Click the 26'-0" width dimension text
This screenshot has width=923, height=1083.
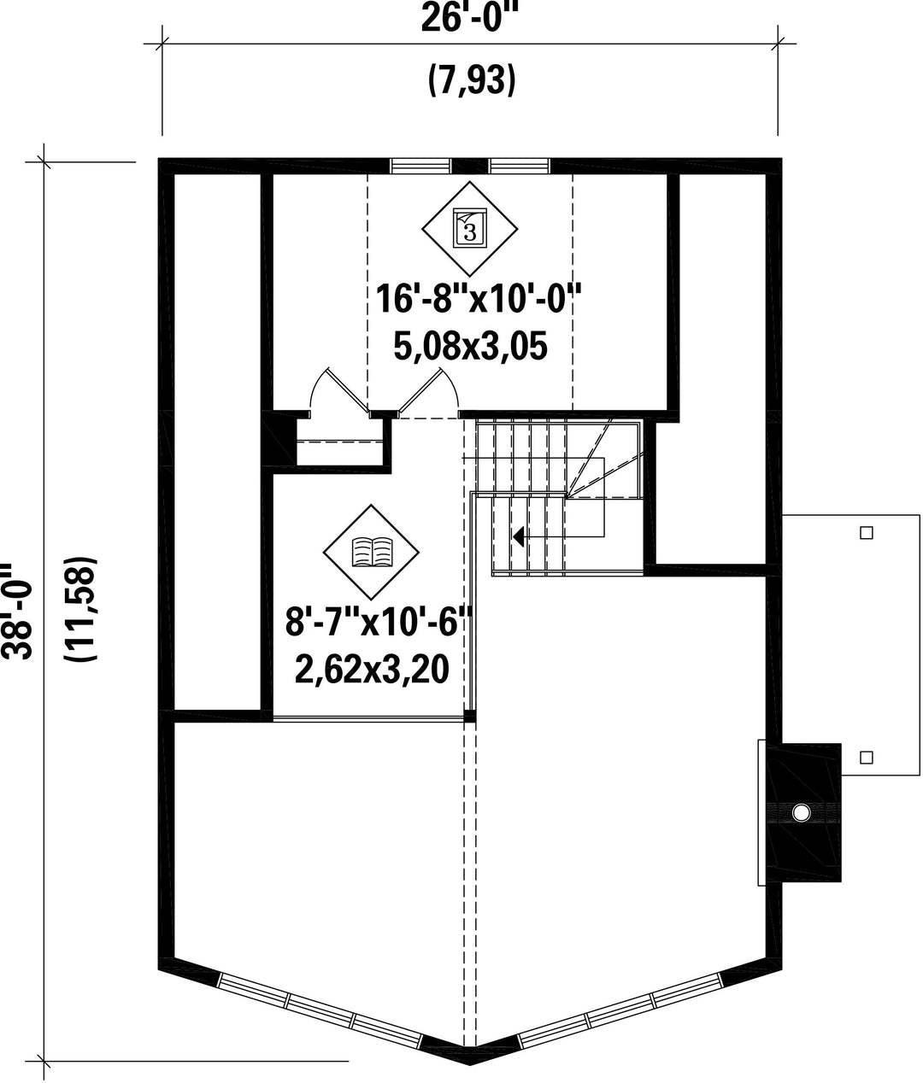click(x=469, y=20)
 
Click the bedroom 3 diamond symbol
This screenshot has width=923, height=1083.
click(x=470, y=229)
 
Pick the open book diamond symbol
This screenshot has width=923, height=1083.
click(x=371, y=553)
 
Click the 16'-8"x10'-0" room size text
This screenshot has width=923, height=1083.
click(x=479, y=299)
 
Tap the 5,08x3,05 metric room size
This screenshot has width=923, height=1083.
click(x=470, y=346)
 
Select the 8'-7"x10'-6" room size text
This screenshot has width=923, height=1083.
click(x=379, y=622)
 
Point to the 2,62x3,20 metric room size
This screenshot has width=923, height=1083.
click(x=372, y=669)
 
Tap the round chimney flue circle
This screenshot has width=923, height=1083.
click(x=802, y=812)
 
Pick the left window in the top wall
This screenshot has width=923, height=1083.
click(x=420, y=166)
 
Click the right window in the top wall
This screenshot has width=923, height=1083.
click(x=520, y=166)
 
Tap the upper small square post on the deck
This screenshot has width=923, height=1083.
click(x=867, y=533)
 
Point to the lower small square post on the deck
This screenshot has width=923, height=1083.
click(x=867, y=757)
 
